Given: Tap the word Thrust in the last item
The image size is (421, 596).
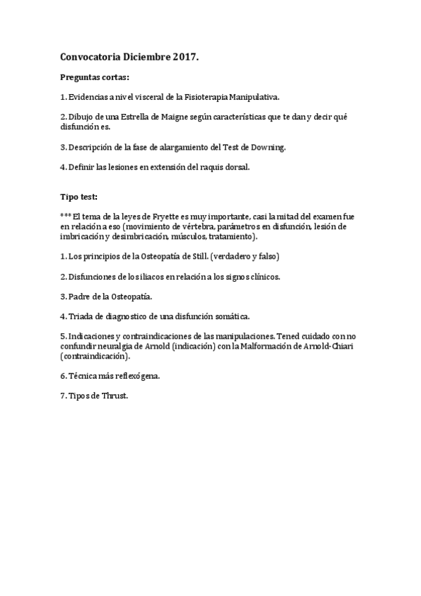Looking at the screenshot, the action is click(x=115, y=396).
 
